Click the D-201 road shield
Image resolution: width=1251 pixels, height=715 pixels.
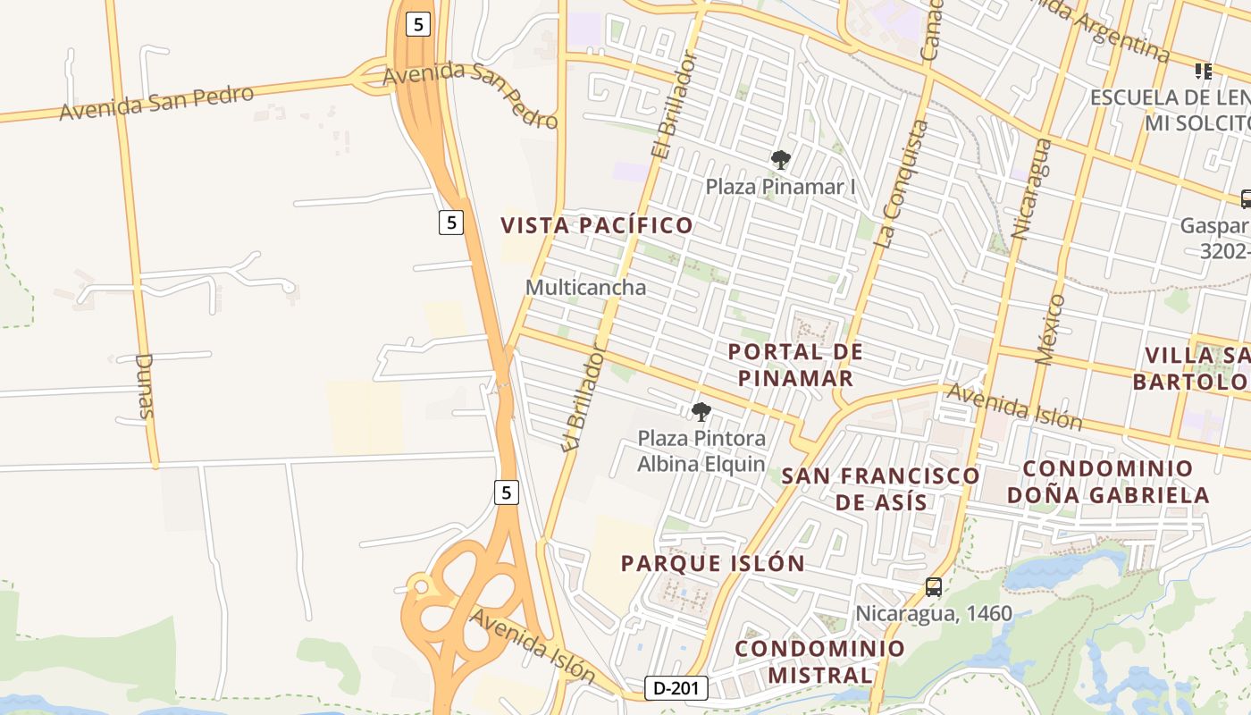676,688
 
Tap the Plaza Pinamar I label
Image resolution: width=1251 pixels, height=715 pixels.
780,187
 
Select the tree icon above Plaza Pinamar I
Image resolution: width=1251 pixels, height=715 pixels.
781,160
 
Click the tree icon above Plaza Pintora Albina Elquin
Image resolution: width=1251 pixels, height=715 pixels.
701,412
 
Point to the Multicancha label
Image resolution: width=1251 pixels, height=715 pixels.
585,288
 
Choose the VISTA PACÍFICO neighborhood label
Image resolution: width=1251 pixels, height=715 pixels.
597,225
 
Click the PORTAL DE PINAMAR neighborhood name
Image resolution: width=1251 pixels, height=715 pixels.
795,365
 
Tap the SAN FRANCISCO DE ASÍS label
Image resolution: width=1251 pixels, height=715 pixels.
881,488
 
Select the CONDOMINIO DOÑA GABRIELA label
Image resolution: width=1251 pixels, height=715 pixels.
1108,482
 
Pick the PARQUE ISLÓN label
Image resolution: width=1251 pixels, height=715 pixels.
713,563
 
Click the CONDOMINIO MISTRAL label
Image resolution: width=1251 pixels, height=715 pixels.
820,661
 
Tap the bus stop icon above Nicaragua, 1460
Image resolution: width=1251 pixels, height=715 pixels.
933,587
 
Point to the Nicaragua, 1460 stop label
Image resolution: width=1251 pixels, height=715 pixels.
934,613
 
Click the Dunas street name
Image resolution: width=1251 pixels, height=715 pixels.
145,386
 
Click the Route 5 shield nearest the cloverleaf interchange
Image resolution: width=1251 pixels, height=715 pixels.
507,492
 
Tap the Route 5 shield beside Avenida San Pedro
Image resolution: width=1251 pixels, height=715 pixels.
417,24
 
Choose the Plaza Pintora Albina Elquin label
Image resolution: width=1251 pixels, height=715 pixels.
701,450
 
